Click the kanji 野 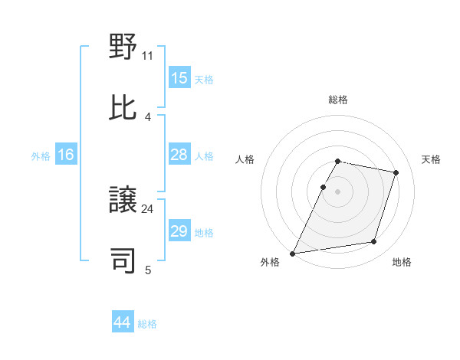point(123,47)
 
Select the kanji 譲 point(123,201)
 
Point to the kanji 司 point(123,260)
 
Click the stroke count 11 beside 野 point(148,56)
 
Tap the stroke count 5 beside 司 point(148,269)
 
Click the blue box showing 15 point(179,78)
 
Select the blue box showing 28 point(179,155)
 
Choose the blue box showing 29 point(179,231)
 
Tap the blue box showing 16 point(66,155)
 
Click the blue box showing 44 point(122,323)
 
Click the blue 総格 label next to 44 point(147,324)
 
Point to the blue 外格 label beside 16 point(41,155)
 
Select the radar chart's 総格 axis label point(338,100)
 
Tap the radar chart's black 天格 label point(431,159)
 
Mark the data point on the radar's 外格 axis point(293,253)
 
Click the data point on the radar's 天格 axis point(396,172)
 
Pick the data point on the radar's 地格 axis point(374,242)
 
